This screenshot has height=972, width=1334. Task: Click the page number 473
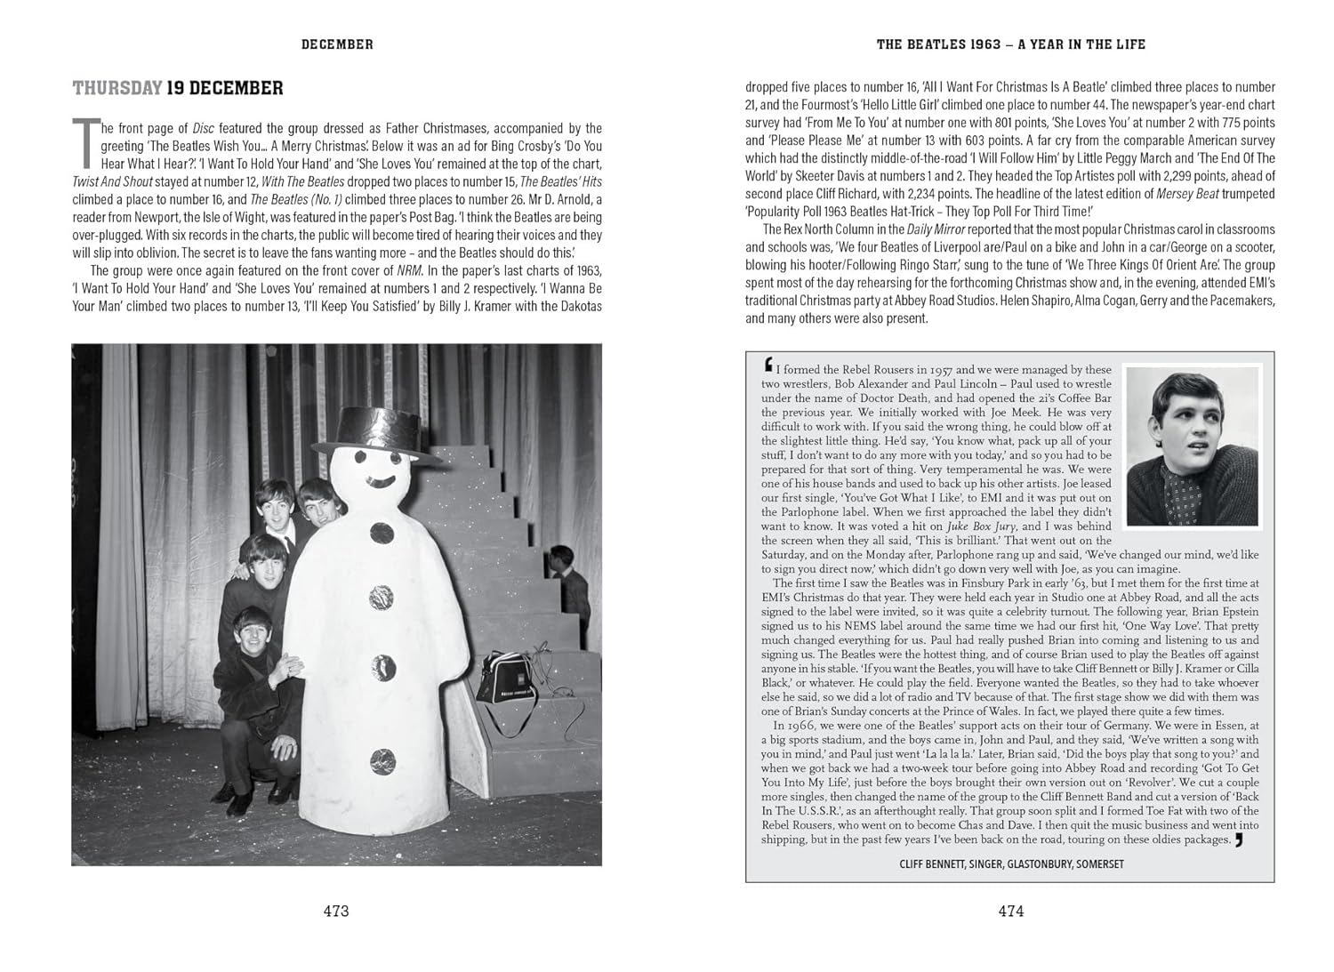click(336, 911)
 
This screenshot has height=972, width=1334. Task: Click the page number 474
click(1010, 911)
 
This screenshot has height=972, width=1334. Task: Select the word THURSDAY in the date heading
click(117, 88)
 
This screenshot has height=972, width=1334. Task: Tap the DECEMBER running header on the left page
click(337, 44)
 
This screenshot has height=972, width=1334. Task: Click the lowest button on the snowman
click(382, 760)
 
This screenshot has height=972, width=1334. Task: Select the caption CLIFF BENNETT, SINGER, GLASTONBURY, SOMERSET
click(1010, 864)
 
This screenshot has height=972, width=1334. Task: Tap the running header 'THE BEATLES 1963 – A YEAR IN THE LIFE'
click(1010, 44)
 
